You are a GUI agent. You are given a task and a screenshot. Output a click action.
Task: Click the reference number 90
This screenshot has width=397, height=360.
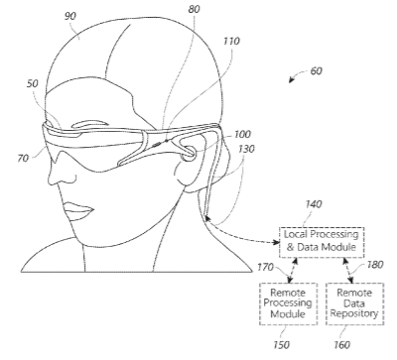point(69,16)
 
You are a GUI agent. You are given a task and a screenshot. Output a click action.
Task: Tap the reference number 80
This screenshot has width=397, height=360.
point(195,9)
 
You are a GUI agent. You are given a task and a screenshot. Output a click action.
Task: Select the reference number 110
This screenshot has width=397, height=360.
point(231,41)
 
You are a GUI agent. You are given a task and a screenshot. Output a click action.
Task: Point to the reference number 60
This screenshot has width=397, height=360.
point(316,70)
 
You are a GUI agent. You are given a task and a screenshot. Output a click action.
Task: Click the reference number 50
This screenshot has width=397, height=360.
point(33,83)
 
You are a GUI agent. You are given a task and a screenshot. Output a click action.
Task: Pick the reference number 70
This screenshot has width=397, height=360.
point(23,159)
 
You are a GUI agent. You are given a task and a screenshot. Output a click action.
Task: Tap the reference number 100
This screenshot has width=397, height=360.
point(242,134)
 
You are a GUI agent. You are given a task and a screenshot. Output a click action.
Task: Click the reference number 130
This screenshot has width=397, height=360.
point(246,149)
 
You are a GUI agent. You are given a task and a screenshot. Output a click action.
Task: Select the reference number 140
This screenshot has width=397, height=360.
point(313,204)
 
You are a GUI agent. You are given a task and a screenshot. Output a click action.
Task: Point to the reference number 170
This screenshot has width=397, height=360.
point(265,267)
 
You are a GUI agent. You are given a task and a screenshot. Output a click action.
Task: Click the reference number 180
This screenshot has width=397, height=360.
point(375,265)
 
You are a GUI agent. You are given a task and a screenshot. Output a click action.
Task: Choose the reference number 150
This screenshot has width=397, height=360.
point(281,345)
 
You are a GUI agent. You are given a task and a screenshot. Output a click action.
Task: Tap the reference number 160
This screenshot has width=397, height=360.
point(341,345)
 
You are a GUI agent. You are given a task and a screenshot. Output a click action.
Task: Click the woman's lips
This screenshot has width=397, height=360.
point(78,211)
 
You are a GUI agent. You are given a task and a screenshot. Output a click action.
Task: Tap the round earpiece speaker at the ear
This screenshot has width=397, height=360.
point(190,153)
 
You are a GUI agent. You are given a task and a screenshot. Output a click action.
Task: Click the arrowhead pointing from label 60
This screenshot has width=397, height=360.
point(291,80)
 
